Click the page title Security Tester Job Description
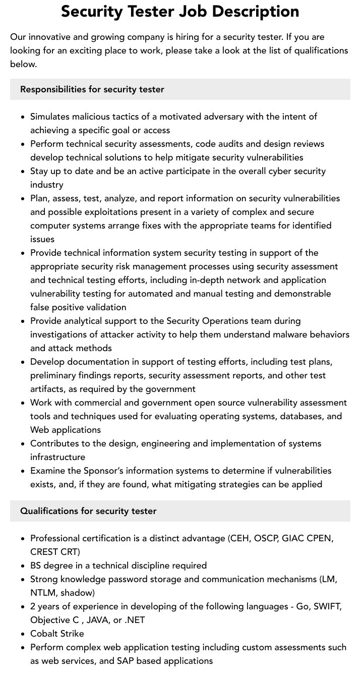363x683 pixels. point(180,11)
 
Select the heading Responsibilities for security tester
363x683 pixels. point(92,89)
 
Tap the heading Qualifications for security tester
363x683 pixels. point(88,511)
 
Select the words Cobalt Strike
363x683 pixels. point(57,634)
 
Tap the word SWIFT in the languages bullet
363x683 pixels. point(327,606)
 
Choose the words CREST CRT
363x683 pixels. point(55,552)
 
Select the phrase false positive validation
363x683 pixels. point(78,307)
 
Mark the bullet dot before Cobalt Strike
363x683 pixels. point(23,634)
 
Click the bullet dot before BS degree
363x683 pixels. point(23,566)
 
